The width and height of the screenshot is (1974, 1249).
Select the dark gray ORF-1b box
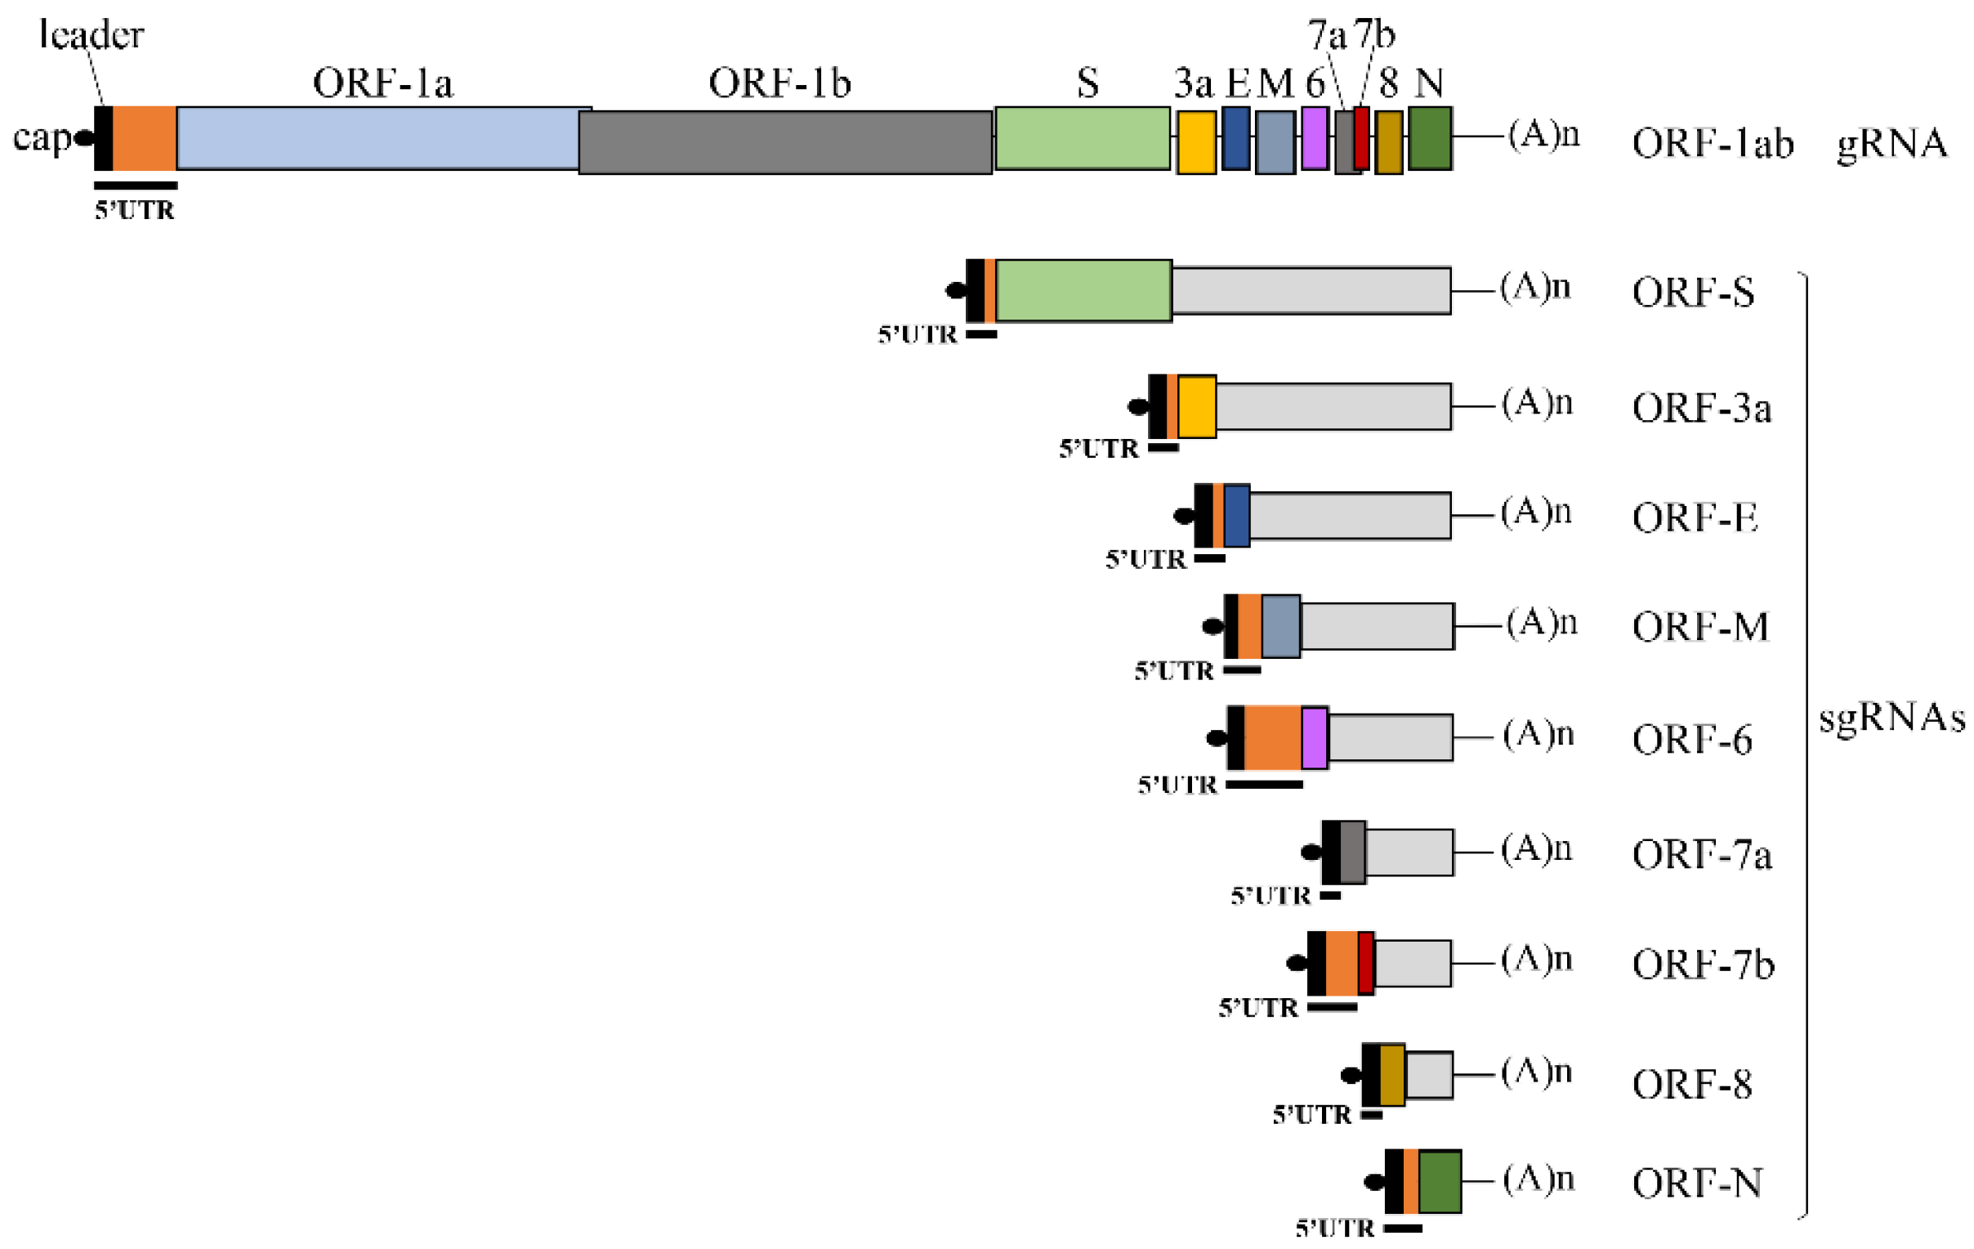784,143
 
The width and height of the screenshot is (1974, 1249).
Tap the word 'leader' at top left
91,35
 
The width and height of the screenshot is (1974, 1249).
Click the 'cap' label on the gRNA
41,137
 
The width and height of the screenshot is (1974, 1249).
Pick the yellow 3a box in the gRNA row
1196,143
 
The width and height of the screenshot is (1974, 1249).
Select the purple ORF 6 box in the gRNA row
1314,138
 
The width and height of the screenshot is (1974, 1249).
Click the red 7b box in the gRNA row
1362,138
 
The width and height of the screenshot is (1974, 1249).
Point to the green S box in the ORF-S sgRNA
1083,290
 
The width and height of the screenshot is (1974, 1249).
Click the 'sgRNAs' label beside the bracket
1891,718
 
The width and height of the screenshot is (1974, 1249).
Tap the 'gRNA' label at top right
1891,144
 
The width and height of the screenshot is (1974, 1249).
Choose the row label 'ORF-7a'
1701,855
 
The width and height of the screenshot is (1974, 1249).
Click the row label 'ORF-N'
1697,1184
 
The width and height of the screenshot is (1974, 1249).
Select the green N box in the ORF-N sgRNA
1440,1181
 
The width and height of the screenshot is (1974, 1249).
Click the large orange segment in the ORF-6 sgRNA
1272,737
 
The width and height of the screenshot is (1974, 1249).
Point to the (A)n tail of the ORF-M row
1541,623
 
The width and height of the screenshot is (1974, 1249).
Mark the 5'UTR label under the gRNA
135,211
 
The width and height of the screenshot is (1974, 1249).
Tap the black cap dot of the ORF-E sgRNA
1184,516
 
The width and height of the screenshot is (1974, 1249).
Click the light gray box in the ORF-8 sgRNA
1429,1075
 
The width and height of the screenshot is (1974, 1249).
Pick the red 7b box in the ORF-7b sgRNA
1366,963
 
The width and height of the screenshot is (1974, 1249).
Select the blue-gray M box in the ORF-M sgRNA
1280,627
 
